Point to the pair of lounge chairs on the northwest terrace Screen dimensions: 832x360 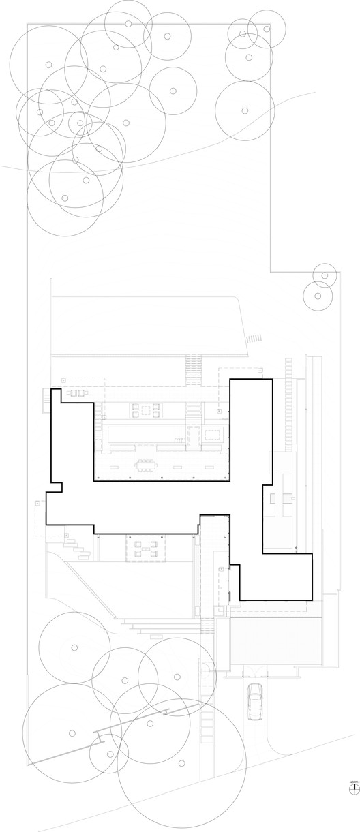[x=76, y=392]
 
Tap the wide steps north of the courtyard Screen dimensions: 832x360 [x=193, y=368]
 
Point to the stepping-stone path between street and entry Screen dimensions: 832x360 [x=207, y=715]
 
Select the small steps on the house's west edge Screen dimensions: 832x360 [x=47, y=398]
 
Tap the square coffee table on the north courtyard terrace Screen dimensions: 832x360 [x=145, y=410]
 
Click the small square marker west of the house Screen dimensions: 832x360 [x=37, y=504]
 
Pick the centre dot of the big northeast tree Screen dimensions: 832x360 [x=245, y=110]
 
